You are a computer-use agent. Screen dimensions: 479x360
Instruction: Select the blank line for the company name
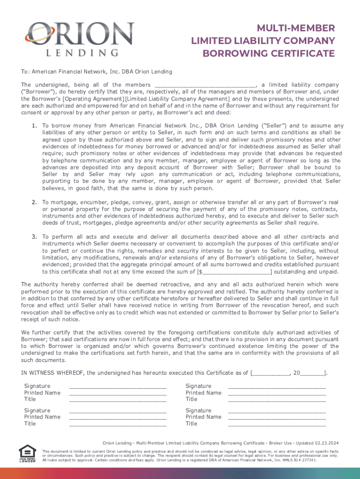(x=204, y=85)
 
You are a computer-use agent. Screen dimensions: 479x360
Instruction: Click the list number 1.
(x=35, y=126)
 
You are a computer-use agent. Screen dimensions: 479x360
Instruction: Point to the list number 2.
(x=35, y=202)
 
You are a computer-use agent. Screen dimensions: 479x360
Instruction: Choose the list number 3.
(x=35, y=237)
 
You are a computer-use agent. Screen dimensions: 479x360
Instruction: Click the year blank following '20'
(x=311, y=373)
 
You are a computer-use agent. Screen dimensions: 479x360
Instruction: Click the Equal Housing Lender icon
(x=27, y=453)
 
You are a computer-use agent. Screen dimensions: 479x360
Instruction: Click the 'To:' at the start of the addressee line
(x=26, y=72)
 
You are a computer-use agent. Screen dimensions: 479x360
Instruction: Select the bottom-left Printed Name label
(x=42, y=417)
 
